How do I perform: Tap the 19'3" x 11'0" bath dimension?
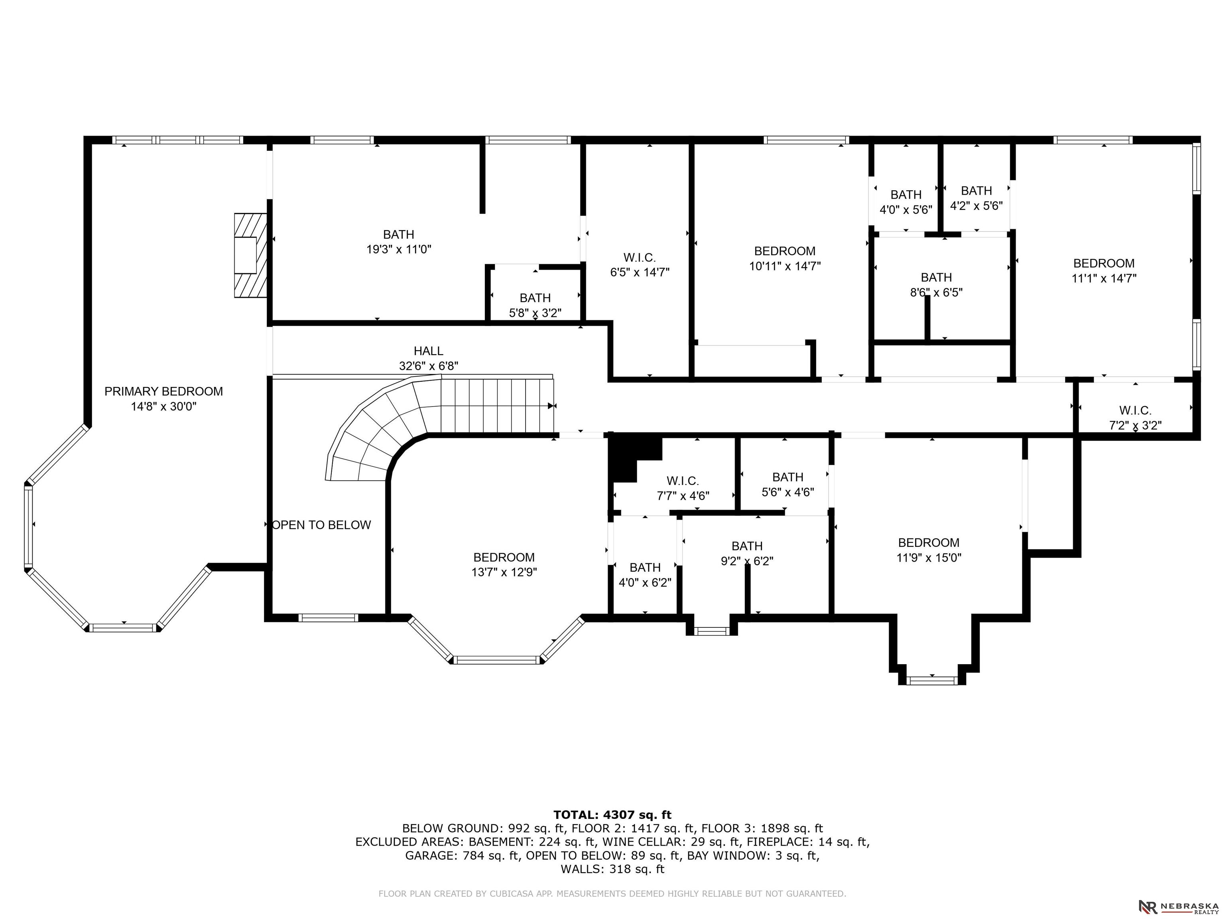399,249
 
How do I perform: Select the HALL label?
428,351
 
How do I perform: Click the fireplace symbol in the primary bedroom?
251,255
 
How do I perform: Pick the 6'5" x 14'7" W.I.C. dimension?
640,272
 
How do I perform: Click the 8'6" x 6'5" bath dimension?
936,292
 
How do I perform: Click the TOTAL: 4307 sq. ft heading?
612,815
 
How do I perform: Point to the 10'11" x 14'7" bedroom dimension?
785,266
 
